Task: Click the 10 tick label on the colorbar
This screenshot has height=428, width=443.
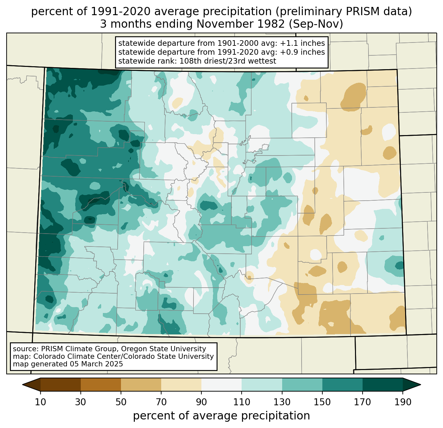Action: pyautogui.click(x=41, y=402)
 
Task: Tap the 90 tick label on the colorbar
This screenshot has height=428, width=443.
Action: pyautogui.click(x=201, y=402)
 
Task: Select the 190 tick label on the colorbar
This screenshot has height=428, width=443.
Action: pyautogui.click(x=403, y=402)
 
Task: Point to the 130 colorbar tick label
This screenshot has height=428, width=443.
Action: pyautogui.click(x=282, y=402)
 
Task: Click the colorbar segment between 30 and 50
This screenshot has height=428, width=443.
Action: pyautogui.click(x=101, y=385)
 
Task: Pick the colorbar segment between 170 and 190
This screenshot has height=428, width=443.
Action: pyautogui.click(x=382, y=385)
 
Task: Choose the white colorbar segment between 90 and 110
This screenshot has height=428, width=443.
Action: pyautogui.click(x=221, y=385)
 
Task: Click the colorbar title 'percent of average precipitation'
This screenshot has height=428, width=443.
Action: pyautogui.click(x=221, y=416)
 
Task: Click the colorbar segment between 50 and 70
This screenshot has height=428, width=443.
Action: pyautogui.click(x=141, y=385)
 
